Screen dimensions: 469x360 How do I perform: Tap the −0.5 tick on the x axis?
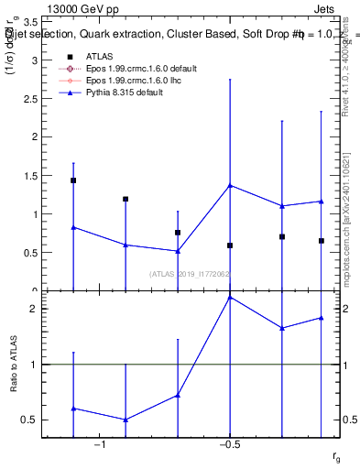[229, 444]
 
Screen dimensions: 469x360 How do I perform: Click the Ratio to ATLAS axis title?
[14, 364]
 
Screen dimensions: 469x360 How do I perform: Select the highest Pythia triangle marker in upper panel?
[230, 185]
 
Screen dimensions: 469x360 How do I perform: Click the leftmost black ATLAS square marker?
[73, 180]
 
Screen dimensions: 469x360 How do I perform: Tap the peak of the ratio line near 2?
[230, 297]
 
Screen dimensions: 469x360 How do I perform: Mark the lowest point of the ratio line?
[125, 420]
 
